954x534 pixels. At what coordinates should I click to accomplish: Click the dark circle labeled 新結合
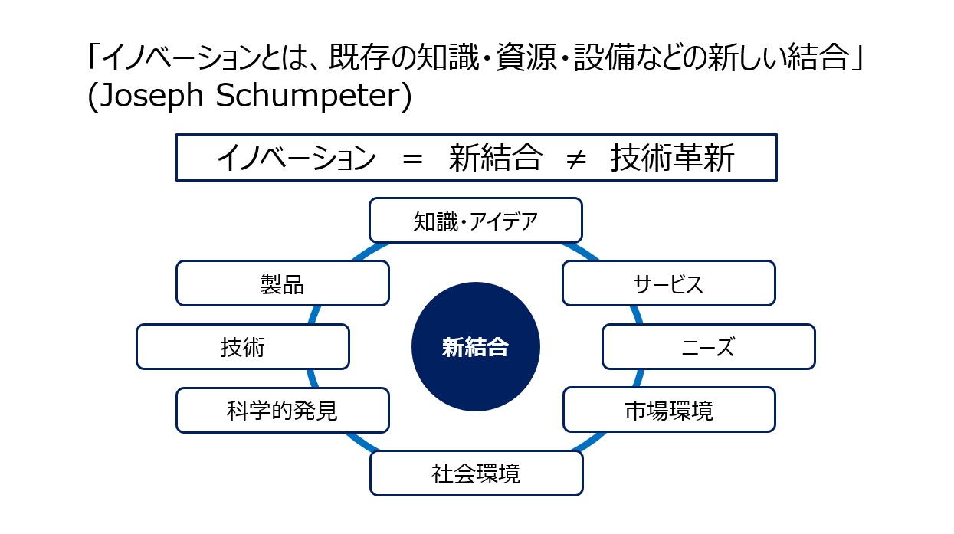tap(476, 346)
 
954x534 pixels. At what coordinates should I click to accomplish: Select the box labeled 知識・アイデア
tap(476, 221)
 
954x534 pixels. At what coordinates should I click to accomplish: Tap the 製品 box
tap(283, 283)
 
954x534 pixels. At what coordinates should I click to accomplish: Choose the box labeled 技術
tap(243, 346)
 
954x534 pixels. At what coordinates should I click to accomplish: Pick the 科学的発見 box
tap(283, 411)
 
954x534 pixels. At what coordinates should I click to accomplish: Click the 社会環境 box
tap(476, 473)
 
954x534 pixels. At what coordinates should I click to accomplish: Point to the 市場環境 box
tap(669, 410)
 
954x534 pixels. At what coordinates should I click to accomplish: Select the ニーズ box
tap(709, 346)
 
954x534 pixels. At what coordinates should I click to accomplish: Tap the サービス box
tap(669, 283)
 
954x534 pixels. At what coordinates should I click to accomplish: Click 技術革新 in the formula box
tap(673, 158)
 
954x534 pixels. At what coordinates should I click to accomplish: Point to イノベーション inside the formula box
tap(297, 158)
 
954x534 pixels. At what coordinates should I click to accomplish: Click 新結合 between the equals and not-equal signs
tap(495, 158)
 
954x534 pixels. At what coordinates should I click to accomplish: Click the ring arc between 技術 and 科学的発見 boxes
tap(310, 378)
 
